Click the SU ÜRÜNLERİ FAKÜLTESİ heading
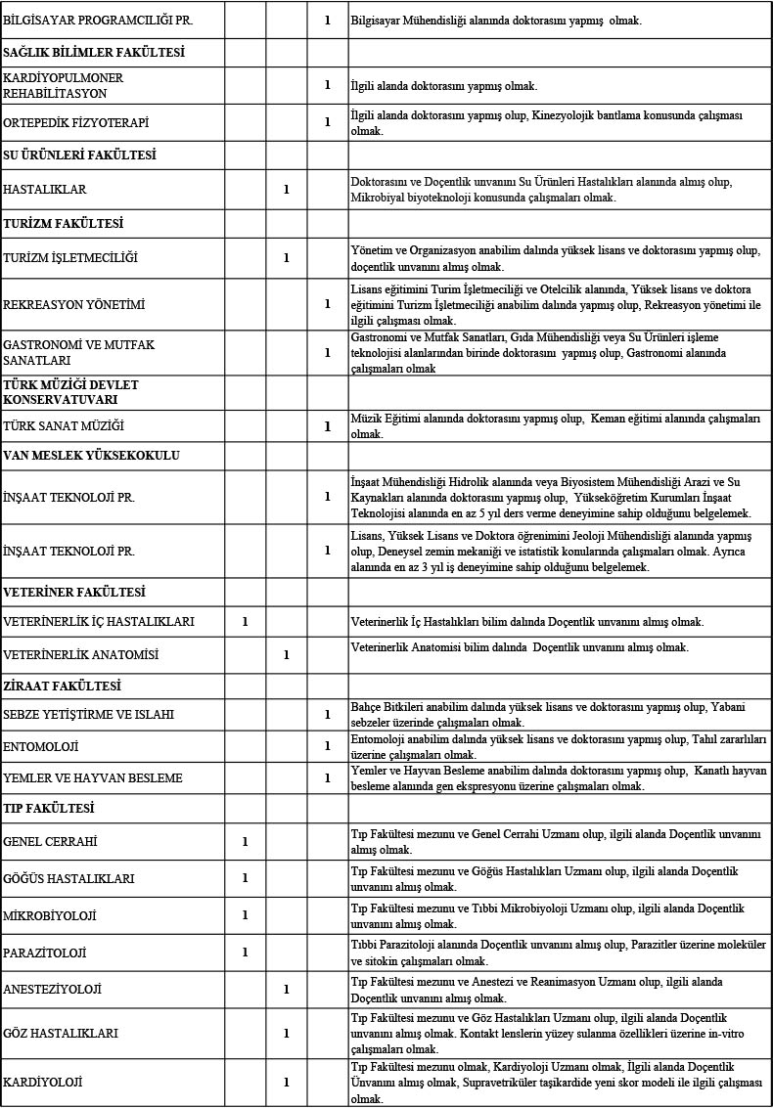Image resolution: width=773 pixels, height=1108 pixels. (80, 155)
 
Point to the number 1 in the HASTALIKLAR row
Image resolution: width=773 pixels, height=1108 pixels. (286, 189)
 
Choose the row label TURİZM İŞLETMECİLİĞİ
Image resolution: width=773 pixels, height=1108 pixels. (70, 258)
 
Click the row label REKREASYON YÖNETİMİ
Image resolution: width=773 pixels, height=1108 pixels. (74, 304)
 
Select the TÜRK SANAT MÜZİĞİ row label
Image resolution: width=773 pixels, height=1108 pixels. (65, 426)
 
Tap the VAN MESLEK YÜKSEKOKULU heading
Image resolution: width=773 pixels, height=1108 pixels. (92, 455)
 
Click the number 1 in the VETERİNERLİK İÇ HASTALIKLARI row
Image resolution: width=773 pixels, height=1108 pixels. (245, 621)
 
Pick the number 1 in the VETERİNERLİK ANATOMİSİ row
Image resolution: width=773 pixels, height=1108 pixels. (286, 654)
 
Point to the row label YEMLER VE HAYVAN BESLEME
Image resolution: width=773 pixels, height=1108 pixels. (93, 778)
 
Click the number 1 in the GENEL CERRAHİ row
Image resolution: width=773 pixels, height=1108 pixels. (245, 842)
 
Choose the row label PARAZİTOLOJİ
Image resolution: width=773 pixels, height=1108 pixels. (46, 952)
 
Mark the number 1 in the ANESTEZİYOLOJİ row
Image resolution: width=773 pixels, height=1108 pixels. (286, 989)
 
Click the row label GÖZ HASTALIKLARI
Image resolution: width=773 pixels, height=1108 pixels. (61, 1033)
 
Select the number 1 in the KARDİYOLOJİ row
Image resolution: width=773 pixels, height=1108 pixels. (286, 1083)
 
